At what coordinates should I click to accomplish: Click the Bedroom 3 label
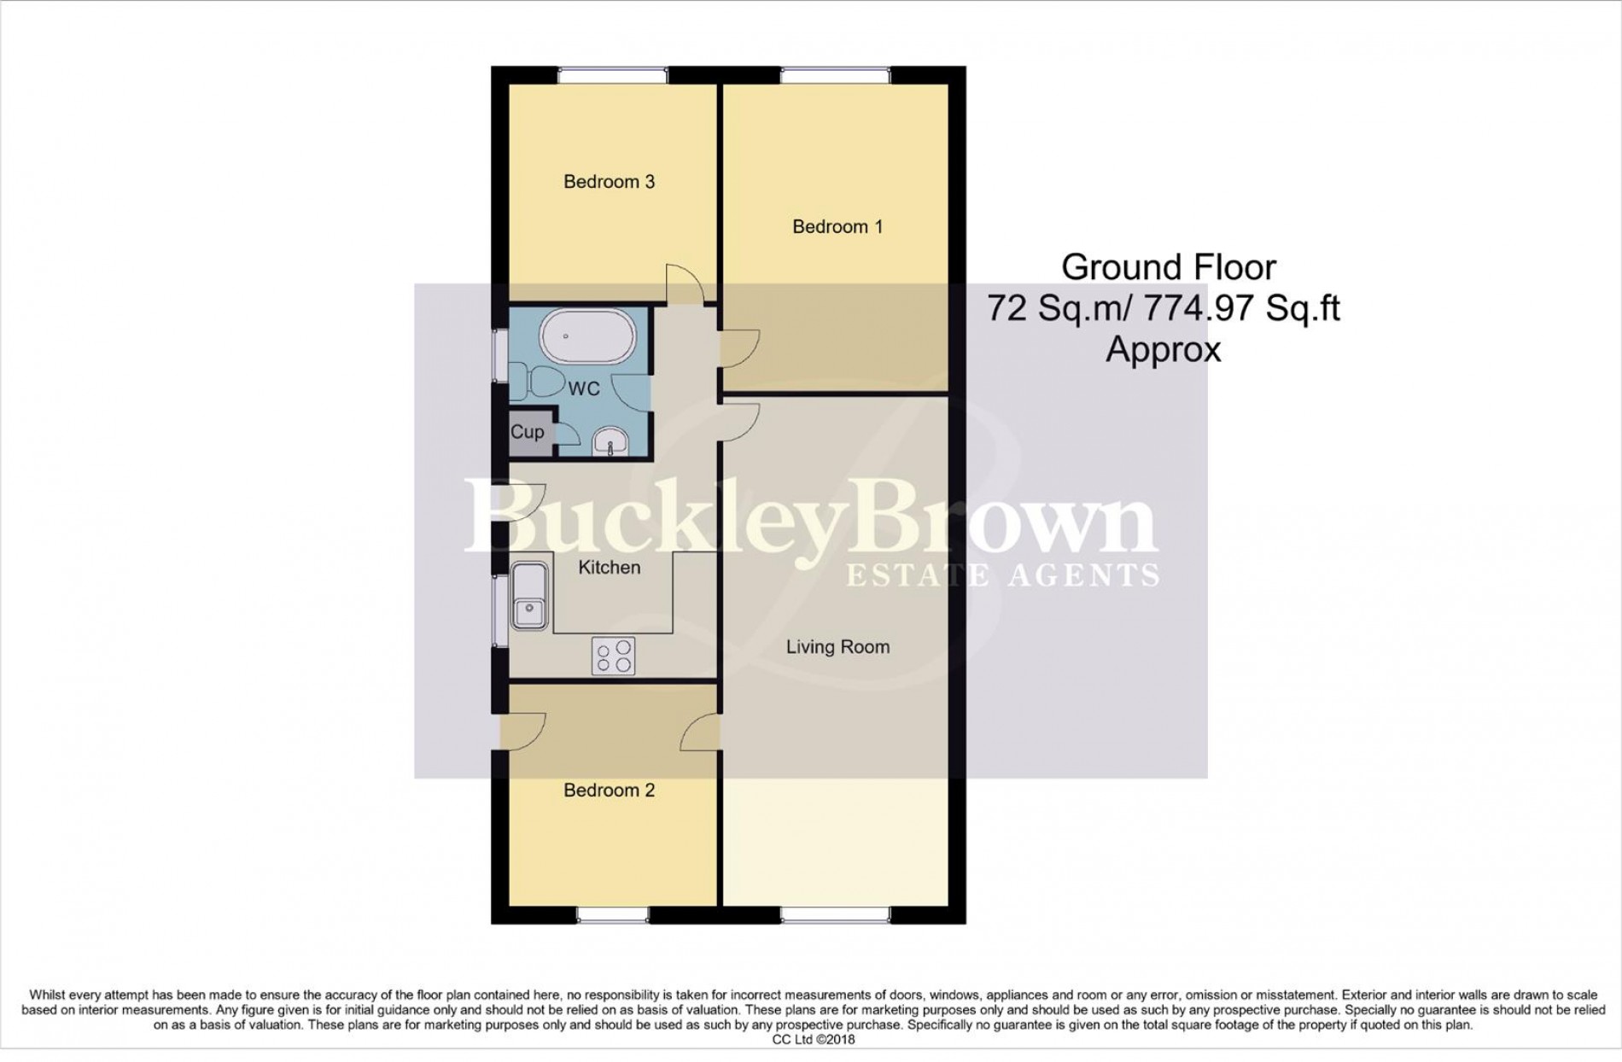click(609, 182)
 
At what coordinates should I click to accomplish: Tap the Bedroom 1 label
click(837, 227)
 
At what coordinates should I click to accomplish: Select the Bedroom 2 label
click(609, 791)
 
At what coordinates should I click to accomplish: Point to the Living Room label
click(837, 647)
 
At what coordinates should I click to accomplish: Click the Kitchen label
click(609, 568)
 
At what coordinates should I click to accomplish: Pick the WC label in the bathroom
click(584, 389)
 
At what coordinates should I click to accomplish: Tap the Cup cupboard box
click(528, 432)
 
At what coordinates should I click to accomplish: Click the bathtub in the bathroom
click(589, 336)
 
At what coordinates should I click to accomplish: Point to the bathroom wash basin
click(610, 441)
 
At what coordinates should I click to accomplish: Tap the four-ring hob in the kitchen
click(613, 656)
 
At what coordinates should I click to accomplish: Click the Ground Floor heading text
click(1168, 268)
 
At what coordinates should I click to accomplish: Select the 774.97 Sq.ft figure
click(1241, 308)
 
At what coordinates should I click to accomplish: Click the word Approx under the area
click(1164, 349)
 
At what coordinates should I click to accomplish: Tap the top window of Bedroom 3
click(612, 76)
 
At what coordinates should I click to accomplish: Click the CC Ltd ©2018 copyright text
click(813, 1040)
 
